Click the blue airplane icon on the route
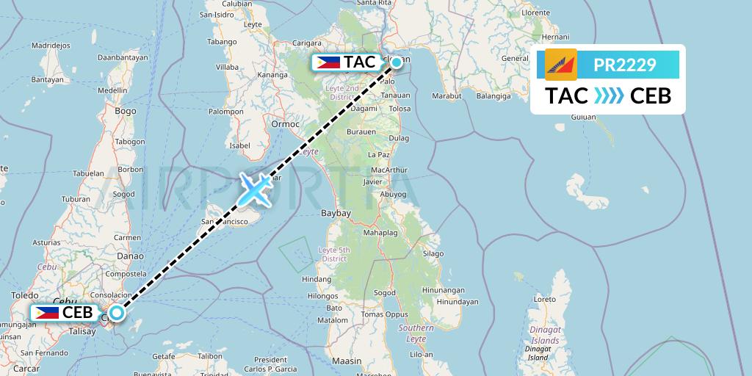point(255,189)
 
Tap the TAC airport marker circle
point(397,62)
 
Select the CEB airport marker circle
point(117,312)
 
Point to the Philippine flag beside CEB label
point(46,312)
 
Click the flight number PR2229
point(625,65)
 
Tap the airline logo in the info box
point(561,65)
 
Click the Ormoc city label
point(286,123)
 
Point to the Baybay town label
point(336,213)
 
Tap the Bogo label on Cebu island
point(126,111)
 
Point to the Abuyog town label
point(394,194)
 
